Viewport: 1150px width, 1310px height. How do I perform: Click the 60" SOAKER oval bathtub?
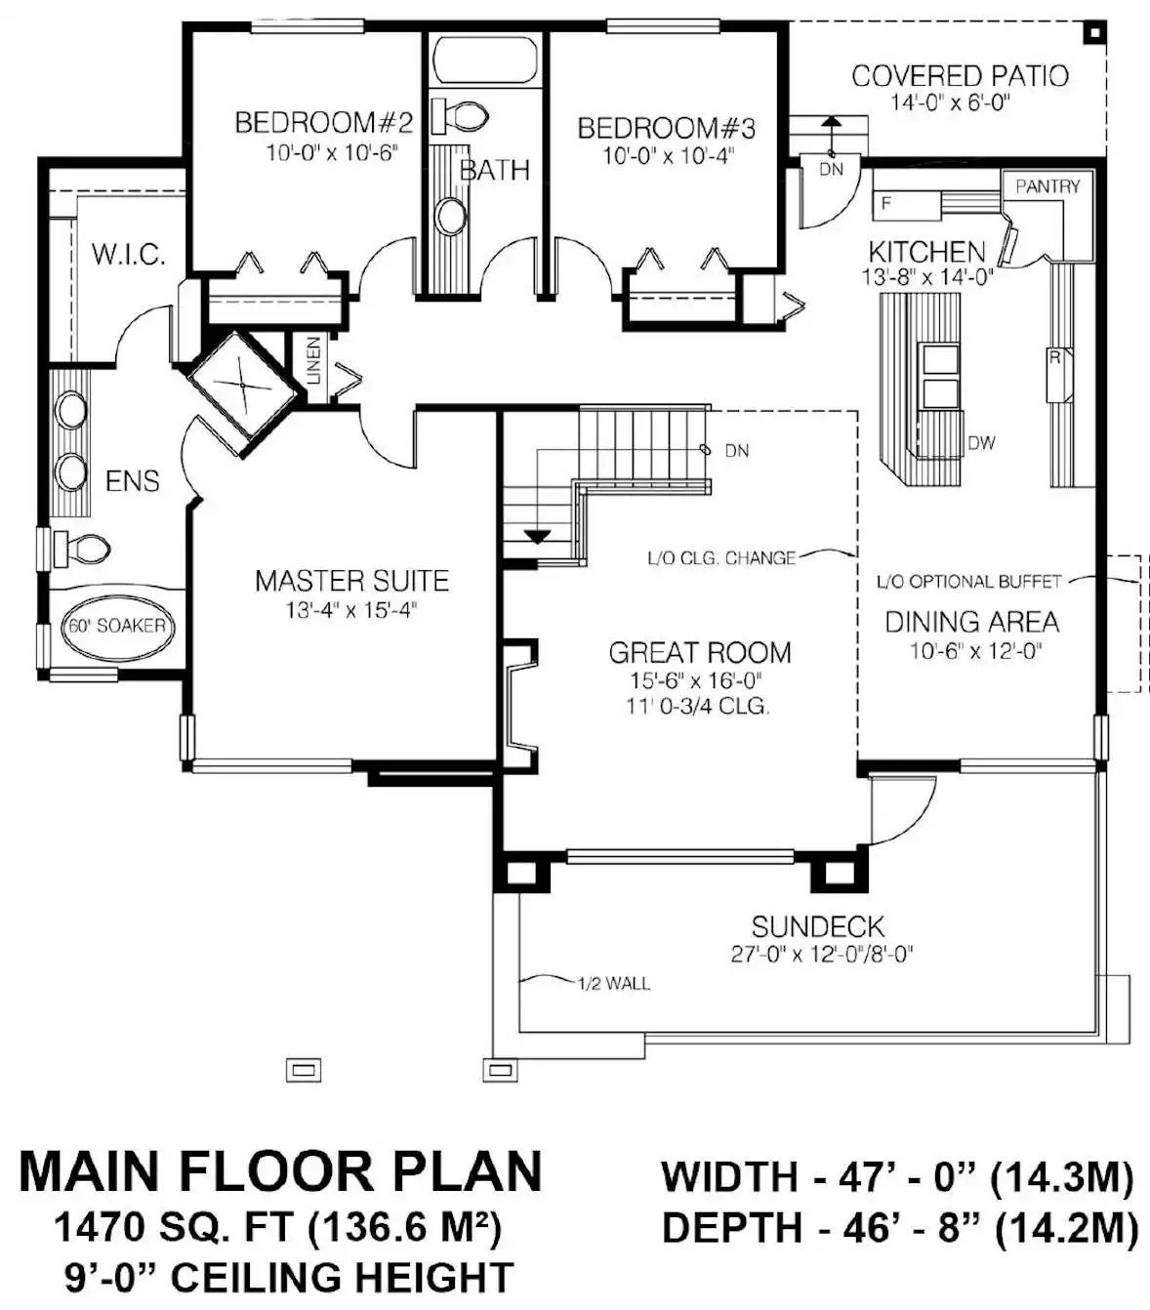click(x=117, y=626)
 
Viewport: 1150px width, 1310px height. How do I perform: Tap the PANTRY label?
click(x=1047, y=186)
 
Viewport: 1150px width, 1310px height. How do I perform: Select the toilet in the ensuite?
click(x=81, y=547)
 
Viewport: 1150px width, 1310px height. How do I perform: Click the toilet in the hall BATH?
click(x=460, y=116)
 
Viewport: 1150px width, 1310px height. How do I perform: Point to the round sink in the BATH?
click(x=451, y=216)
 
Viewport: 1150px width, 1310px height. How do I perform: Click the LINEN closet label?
click(x=313, y=359)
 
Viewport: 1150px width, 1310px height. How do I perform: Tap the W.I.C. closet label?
click(x=129, y=254)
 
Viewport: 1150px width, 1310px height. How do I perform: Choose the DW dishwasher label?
click(x=981, y=443)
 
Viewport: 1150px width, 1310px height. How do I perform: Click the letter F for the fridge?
click(x=886, y=203)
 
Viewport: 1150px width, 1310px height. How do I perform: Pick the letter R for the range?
click(x=1054, y=357)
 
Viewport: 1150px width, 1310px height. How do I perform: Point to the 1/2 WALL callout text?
click(x=613, y=983)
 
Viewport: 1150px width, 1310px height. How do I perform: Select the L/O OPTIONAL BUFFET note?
click(x=968, y=581)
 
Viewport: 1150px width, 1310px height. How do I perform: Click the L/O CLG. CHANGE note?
click(x=721, y=557)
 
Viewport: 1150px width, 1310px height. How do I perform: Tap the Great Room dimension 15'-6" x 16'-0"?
click(x=696, y=680)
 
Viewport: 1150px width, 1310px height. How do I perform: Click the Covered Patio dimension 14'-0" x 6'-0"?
click(x=950, y=102)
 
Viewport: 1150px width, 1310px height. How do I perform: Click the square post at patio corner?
click(x=1093, y=33)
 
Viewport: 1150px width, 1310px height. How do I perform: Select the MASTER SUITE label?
click(x=351, y=581)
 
